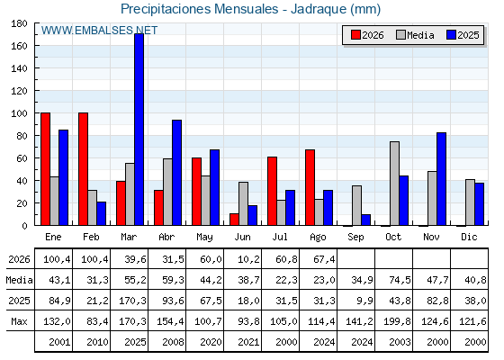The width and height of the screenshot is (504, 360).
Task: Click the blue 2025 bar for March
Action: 139,130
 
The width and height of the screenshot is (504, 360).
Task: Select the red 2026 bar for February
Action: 83,169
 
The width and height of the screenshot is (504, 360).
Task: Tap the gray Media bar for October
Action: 394,184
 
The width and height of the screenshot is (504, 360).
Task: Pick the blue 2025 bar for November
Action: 441,179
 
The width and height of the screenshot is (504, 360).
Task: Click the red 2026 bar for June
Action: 234,220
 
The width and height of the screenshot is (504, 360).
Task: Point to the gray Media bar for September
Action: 356,206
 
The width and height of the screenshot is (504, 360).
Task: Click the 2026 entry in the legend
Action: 367,35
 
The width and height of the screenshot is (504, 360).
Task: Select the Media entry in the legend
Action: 415,35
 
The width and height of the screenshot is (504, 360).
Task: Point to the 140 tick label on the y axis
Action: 19,68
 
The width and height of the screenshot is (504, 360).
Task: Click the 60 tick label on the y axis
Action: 22,158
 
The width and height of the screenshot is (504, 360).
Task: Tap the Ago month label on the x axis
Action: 318,238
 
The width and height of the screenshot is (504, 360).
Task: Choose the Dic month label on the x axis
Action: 469,237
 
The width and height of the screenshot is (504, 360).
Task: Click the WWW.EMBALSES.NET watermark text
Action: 99,31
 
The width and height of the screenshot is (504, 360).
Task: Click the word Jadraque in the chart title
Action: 319,9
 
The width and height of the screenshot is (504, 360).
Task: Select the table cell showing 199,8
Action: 397,321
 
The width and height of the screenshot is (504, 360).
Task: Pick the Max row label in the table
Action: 19,321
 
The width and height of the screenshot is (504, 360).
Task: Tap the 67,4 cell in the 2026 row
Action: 324,259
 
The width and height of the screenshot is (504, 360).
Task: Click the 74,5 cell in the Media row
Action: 400,280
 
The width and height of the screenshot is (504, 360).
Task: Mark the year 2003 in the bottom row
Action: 400,342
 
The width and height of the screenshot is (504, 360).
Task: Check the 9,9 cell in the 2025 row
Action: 364,301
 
